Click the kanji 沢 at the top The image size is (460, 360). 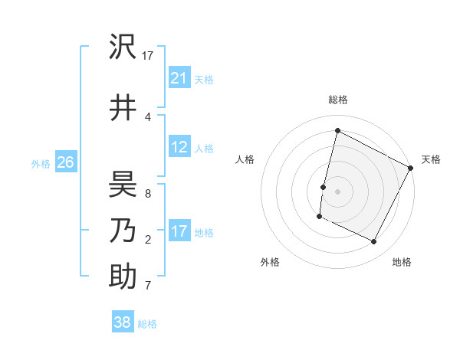123,47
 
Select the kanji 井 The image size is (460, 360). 123,107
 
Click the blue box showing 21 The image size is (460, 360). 179,78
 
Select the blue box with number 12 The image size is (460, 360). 179,147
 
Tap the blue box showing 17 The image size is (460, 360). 179,231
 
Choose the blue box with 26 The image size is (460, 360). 65,162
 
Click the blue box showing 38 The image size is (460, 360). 122,322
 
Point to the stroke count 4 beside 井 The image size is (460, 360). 148,116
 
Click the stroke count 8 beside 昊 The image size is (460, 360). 148,195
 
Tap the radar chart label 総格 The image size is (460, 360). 338,100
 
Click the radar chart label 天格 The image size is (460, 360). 431,159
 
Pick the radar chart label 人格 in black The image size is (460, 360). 245,159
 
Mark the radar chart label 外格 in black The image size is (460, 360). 270,262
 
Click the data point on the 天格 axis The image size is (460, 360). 412,167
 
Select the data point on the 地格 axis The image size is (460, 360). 374,242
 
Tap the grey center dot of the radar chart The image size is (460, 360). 337,191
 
